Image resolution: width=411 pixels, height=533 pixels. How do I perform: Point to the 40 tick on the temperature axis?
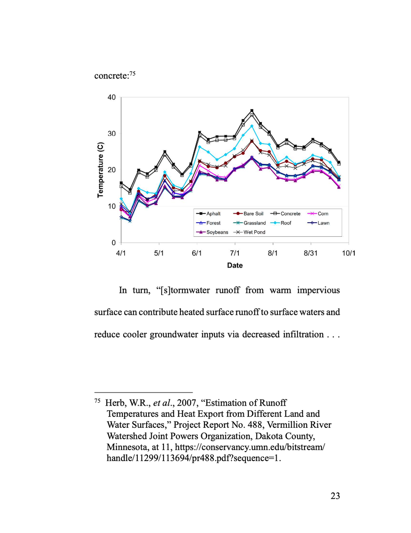click(x=111, y=97)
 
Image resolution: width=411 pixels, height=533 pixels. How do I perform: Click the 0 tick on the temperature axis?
click(x=114, y=243)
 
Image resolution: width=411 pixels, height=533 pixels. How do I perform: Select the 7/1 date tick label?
click(x=235, y=253)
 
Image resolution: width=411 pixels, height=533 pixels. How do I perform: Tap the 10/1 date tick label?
click(x=349, y=253)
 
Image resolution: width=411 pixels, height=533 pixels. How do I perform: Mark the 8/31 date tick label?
click(x=311, y=253)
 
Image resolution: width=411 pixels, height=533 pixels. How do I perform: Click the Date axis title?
click(x=235, y=265)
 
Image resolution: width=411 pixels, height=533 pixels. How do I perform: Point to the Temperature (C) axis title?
click(x=101, y=170)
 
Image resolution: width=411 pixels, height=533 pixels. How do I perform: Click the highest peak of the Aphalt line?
click(x=252, y=111)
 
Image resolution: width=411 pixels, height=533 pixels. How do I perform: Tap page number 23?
click(x=335, y=496)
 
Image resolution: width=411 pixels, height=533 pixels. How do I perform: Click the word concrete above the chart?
click(x=111, y=76)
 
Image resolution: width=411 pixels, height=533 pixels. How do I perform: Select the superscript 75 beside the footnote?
click(x=97, y=401)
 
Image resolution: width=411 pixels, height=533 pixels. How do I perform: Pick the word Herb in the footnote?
click(x=115, y=403)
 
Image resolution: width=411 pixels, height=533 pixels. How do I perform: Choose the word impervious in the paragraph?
click(x=319, y=291)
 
